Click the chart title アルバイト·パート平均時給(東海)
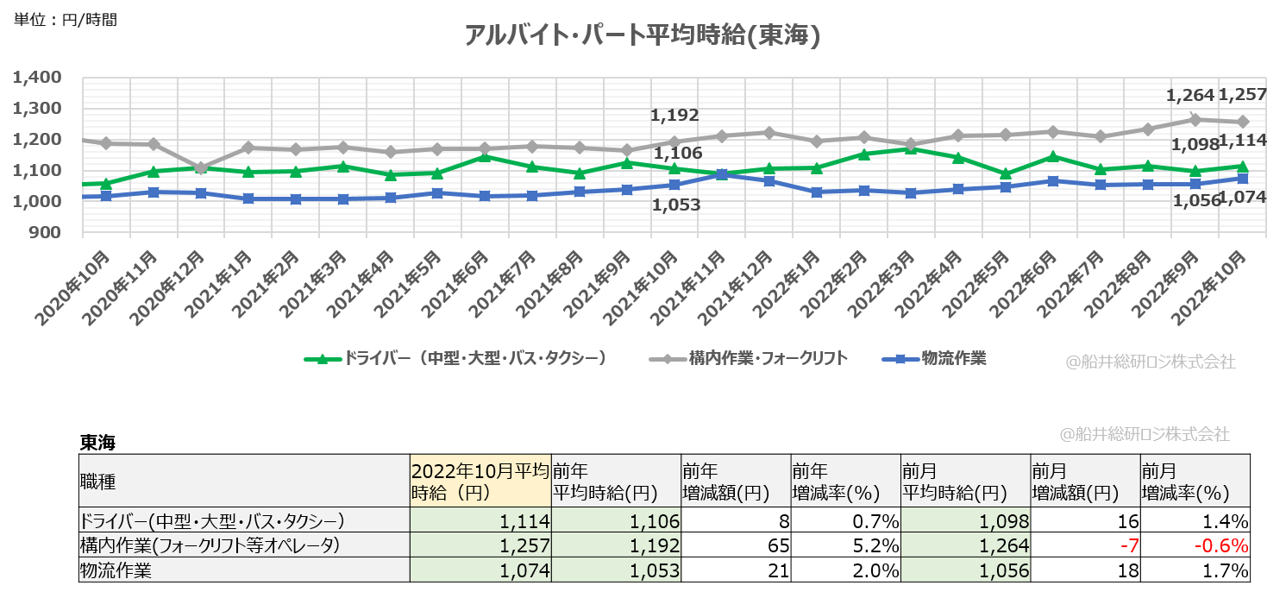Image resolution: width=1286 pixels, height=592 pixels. [x=641, y=35]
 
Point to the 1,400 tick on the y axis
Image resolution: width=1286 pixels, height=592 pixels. [x=37, y=78]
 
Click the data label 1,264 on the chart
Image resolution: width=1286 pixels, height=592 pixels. [x=1189, y=95]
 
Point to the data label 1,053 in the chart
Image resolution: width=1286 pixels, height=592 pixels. [x=675, y=205]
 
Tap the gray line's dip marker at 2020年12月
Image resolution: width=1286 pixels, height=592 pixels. [x=200, y=168]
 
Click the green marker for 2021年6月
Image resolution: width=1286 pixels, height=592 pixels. [x=485, y=157]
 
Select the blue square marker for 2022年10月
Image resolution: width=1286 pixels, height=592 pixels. [x=1243, y=179]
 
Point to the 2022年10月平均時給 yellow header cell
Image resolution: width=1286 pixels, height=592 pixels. [x=480, y=481]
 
